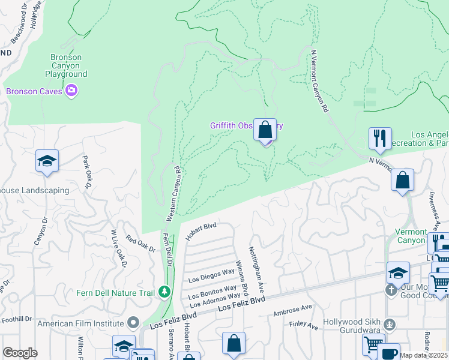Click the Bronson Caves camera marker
[72, 91]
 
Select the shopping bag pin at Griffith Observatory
[265, 130]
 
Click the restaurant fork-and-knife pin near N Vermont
[380, 139]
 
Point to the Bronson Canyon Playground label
[66, 65]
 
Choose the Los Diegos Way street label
[211, 275]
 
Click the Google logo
[20, 353]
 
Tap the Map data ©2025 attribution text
[424, 355]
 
